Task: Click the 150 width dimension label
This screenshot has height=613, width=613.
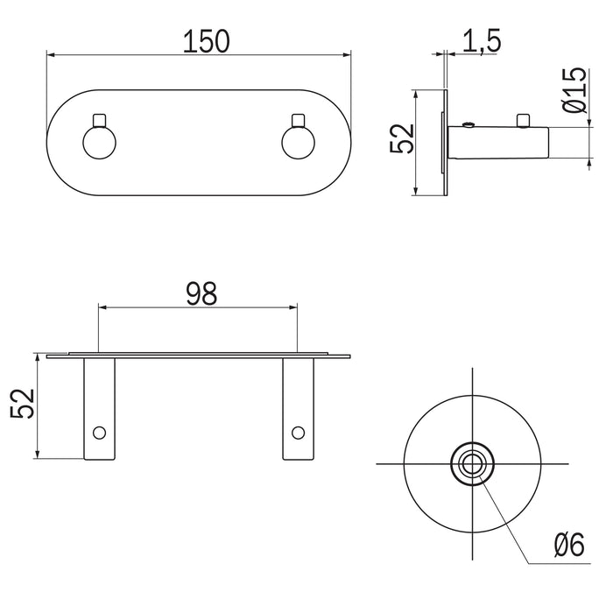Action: coord(207,41)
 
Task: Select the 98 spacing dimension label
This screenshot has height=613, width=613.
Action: coord(201,294)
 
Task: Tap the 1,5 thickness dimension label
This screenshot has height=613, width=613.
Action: coord(482,41)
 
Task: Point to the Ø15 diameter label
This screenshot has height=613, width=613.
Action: coord(575,90)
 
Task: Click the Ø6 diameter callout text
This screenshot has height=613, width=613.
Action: coord(569,545)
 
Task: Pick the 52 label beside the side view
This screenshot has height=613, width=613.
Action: coord(402,138)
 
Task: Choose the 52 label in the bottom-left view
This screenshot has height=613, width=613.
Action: coord(23,404)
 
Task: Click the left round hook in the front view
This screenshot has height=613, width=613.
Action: coord(99,143)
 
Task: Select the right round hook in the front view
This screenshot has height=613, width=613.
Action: coord(298,143)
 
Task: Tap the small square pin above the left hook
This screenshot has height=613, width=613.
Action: coord(99,121)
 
